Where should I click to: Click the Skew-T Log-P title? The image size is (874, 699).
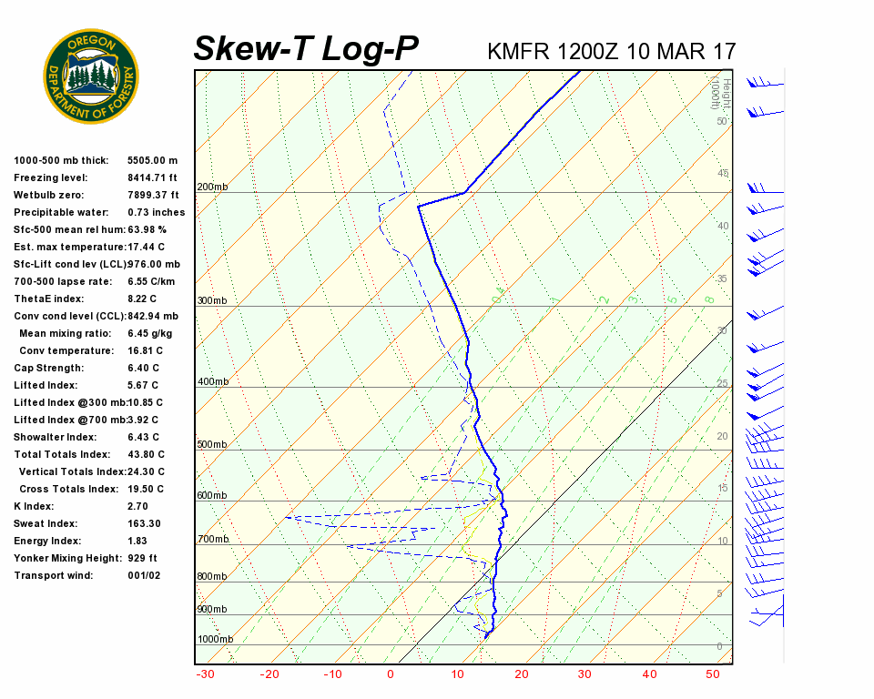pyautogui.click(x=306, y=48)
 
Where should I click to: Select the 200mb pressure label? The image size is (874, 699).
pyautogui.click(x=212, y=187)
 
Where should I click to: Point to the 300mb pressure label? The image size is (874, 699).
pyautogui.click(x=212, y=301)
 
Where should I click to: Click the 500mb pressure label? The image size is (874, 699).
pyautogui.click(x=212, y=445)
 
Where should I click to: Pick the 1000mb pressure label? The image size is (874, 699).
pyautogui.click(x=215, y=640)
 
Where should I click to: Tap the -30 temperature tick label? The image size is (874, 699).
pyautogui.click(x=206, y=674)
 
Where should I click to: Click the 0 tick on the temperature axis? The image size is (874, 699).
pyautogui.click(x=391, y=674)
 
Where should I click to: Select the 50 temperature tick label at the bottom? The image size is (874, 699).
pyautogui.click(x=713, y=674)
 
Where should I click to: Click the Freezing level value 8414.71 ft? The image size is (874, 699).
pyautogui.click(x=153, y=177)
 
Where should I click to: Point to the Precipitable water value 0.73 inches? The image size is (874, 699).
pyautogui.click(x=156, y=212)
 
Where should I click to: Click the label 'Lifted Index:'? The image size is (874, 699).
pyautogui.click(x=46, y=385)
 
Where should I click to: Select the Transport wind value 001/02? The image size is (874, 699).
pyautogui.click(x=145, y=575)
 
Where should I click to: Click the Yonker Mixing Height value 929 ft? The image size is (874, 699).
pyautogui.click(x=142, y=558)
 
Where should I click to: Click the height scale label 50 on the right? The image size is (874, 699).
pyautogui.click(x=721, y=122)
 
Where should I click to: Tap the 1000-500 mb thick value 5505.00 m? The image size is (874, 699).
pyautogui.click(x=152, y=160)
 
